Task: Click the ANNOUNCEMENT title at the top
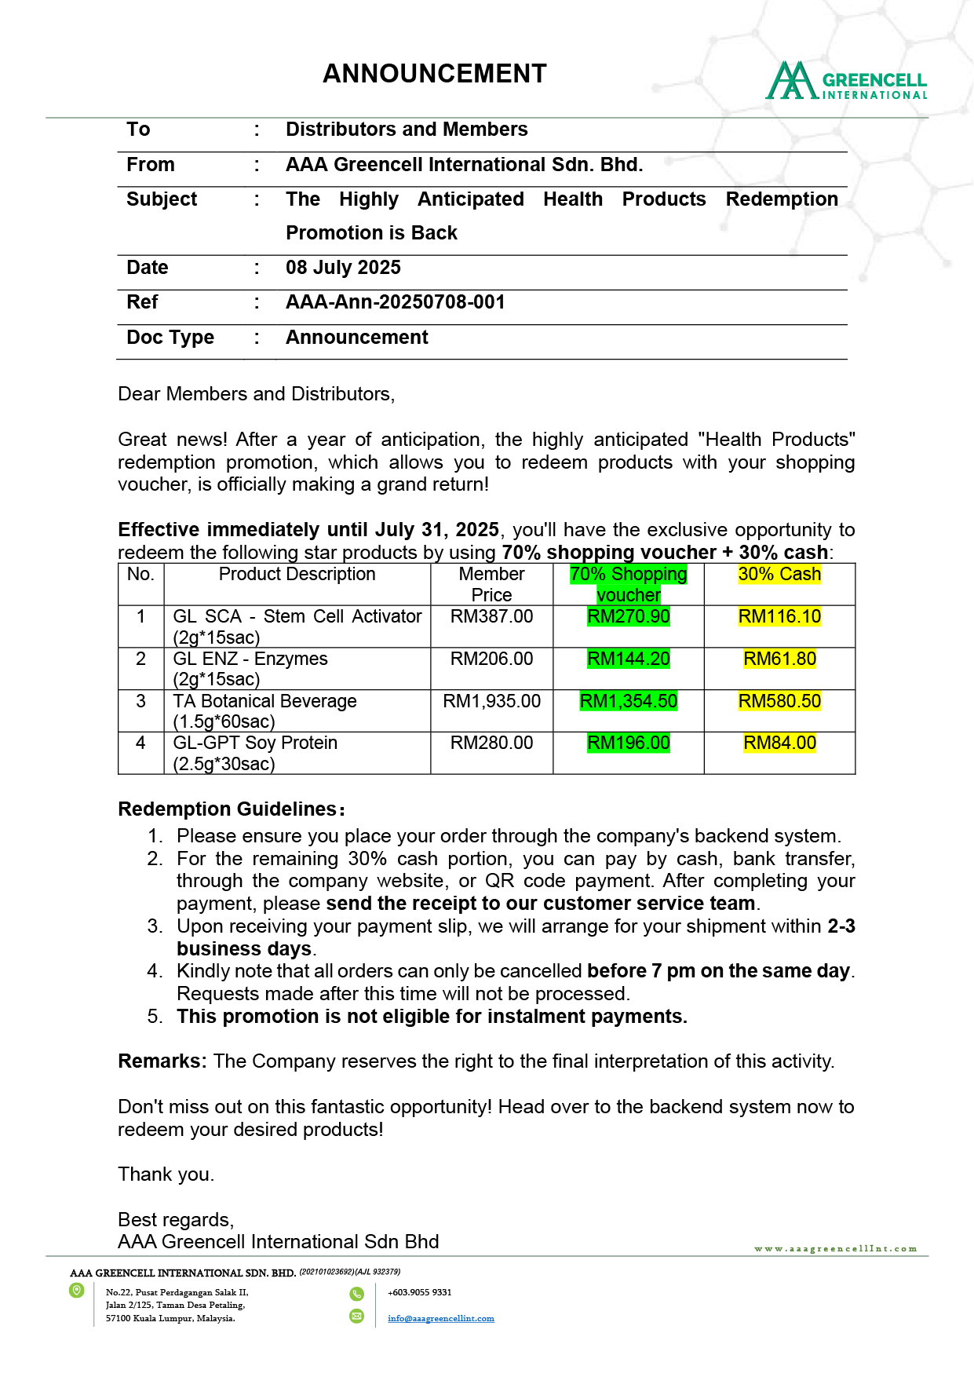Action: (434, 74)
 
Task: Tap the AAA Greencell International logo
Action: (846, 82)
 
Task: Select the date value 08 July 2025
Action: (343, 268)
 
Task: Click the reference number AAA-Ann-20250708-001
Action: (395, 302)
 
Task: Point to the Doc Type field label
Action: (170, 338)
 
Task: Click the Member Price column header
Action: (491, 584)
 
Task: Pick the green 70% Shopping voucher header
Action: (628, 584)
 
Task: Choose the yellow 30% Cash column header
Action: (779, 575)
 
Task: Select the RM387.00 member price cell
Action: (491, 617)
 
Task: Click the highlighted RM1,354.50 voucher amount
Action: (628, 701)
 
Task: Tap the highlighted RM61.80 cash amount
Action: (779, 659)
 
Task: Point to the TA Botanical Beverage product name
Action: (264, 701)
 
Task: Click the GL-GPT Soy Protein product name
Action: (255, 743)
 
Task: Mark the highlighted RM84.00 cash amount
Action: (779, 743)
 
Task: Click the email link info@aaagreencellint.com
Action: (440, 1318)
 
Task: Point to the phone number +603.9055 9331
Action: (419, 1292)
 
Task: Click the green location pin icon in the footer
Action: (77, 1291)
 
